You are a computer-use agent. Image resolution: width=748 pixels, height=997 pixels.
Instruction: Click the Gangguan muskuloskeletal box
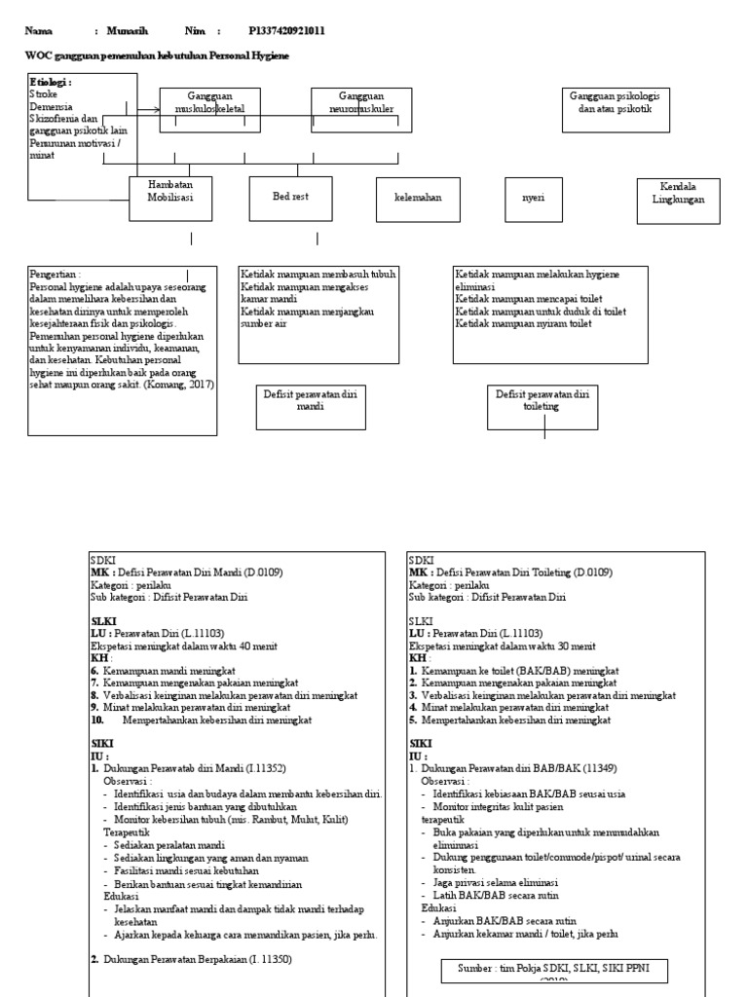click(x=209, y=109)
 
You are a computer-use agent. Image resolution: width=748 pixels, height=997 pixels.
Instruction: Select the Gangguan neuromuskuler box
click(x=361, y=109)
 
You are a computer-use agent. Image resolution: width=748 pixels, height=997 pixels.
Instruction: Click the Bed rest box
click(x=290, y=197)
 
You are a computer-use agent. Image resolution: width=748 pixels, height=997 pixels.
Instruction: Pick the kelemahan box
click(x=417, y=198)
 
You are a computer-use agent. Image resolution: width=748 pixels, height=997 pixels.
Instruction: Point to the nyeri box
click(x=533, y=198)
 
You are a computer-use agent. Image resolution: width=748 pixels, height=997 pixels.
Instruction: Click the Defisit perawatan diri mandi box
click(x=311, y=406)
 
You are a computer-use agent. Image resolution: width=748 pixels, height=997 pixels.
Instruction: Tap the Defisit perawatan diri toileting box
click(x=542, y=406)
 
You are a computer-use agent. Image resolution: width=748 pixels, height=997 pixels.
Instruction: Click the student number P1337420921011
click(x=286, y=31)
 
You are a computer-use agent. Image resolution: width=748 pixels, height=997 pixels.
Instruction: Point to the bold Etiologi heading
click(x=51, y=83)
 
